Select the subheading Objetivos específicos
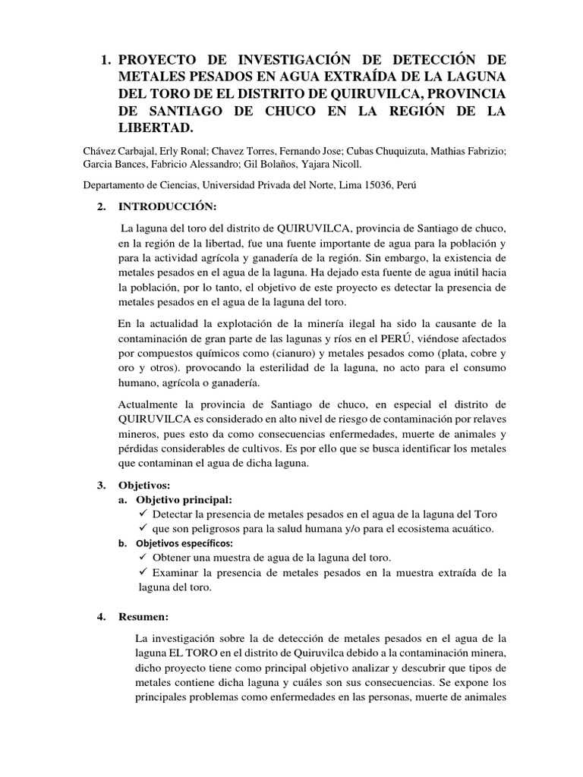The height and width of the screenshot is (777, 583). pos(184,543)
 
